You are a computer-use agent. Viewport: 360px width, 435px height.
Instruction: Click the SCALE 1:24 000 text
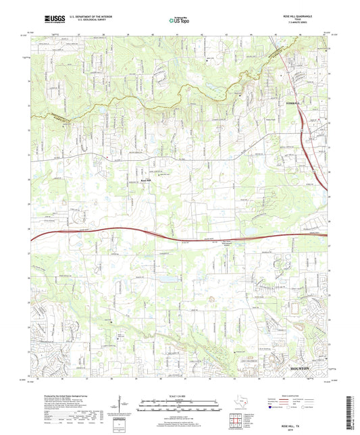tap(179, 395)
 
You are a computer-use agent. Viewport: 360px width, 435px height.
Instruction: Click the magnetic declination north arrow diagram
tap(120, 405)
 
